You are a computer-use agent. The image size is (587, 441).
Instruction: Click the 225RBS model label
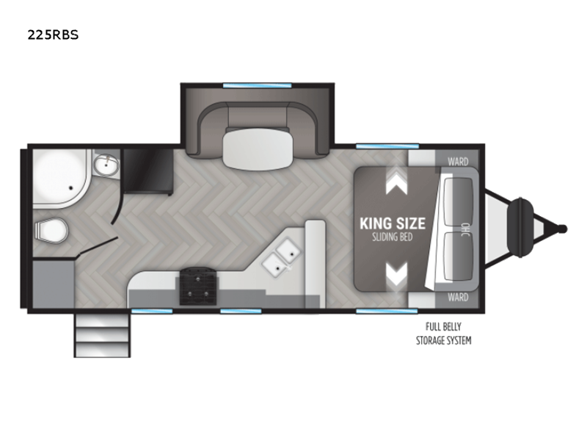[53, 35]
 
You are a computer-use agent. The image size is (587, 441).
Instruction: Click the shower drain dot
[70, 187]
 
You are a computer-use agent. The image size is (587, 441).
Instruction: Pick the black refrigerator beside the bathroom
[148, 172]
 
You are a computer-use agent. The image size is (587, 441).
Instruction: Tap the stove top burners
[198, 286]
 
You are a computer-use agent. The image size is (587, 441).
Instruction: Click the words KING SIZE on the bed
[393, 223]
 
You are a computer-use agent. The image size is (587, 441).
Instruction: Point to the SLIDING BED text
[393, 237]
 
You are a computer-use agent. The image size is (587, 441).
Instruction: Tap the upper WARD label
[458, 162]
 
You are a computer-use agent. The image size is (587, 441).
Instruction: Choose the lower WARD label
[458, 298]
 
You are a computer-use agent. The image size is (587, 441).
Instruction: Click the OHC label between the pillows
[465, 229]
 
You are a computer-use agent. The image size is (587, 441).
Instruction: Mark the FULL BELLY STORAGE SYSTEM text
[444, 334]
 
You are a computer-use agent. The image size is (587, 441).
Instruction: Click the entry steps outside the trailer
[102, 335]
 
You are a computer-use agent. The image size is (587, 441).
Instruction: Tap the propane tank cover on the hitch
[520, 229]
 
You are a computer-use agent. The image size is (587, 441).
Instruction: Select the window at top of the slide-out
[258, 85]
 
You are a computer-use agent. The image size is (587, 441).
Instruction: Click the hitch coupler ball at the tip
[563, 229]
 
